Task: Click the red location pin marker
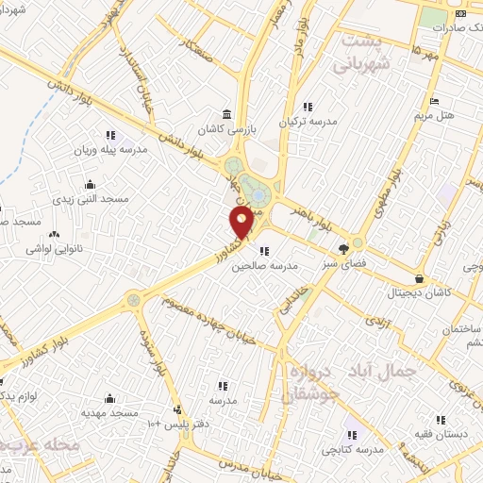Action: (241, 223)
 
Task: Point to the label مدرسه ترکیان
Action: (306, 123)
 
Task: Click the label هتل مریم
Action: (435, 116)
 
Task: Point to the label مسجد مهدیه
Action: (109, 413)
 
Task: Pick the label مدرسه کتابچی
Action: (353, 450)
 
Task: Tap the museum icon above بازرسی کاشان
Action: (220, 110)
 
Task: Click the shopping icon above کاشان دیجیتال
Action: (418, 279)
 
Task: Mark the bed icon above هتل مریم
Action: (434, 101)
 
